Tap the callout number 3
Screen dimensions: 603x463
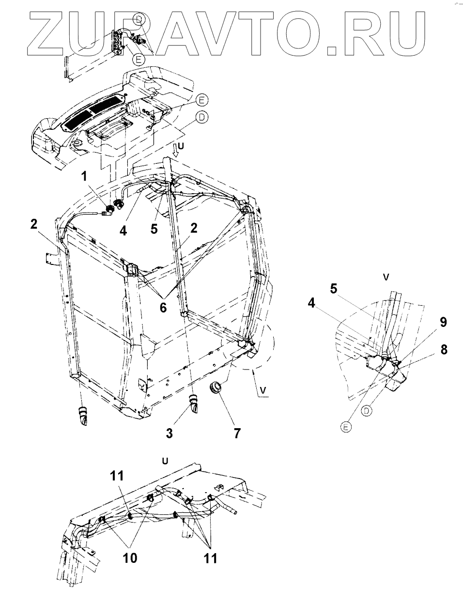pos(169,433)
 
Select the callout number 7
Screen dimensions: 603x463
pos(237,433)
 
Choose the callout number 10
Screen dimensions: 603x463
pos(129,557)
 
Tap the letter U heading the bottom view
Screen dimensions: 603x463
pos(165,461)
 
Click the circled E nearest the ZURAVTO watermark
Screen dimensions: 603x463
pos(139,60)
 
